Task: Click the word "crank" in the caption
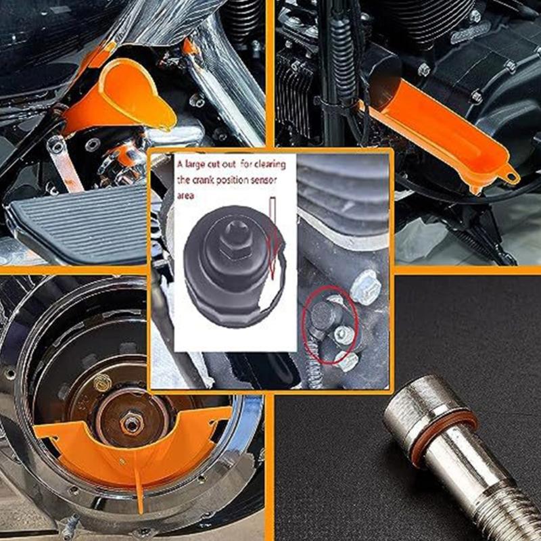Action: point(202,182)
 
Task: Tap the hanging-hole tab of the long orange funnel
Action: point(510,178)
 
